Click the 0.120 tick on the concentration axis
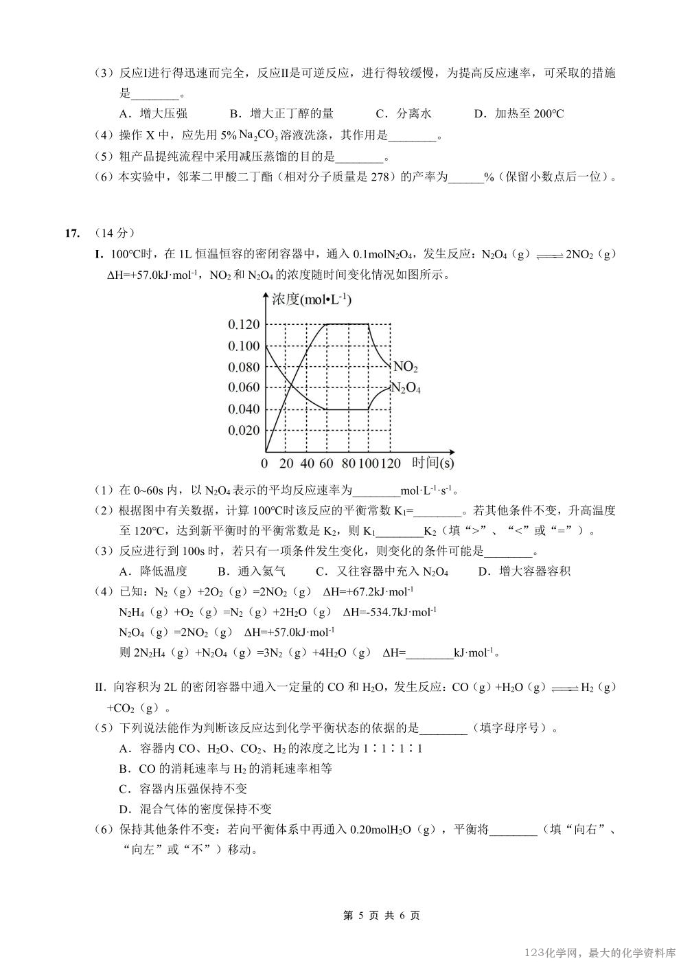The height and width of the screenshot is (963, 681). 244,324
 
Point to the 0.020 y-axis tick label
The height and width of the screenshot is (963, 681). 244,431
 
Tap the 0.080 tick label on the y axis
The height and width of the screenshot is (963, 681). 244,367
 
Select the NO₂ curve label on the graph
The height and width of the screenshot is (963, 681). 405,367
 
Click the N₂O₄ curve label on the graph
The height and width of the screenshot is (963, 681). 405,388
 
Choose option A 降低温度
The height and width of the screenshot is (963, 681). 153,571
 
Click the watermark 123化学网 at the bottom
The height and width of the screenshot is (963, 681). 553,953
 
